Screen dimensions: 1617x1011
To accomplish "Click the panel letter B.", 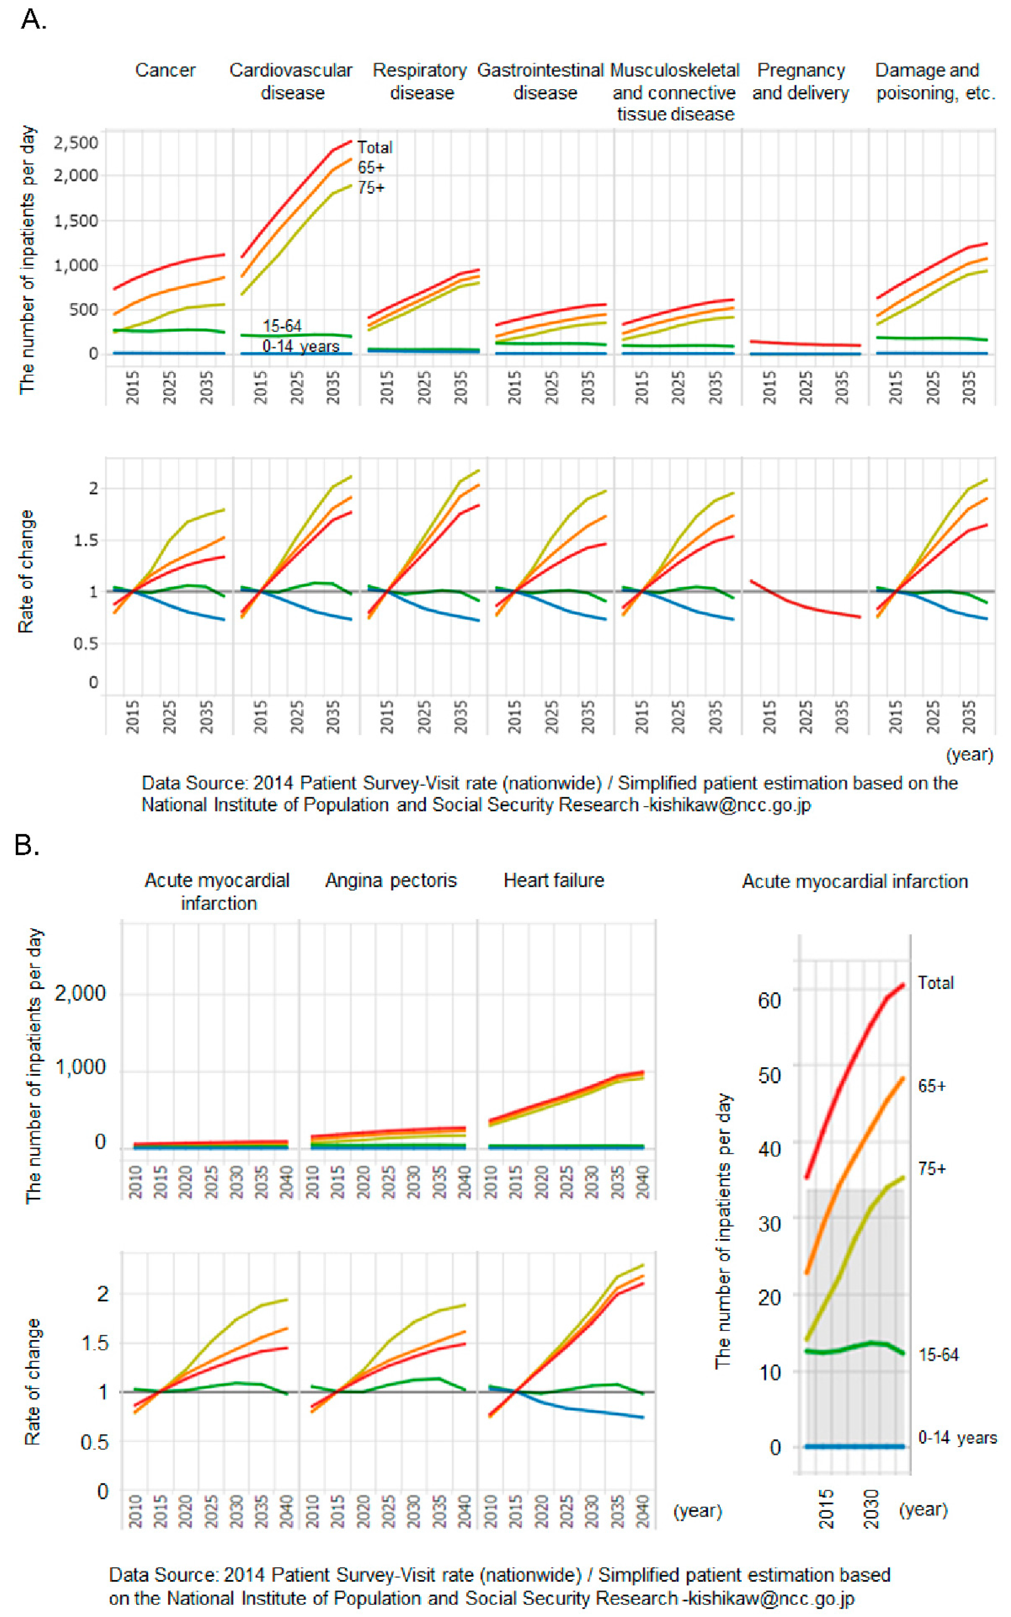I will pos(27,846).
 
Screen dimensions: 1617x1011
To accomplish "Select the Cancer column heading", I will pos(165,70).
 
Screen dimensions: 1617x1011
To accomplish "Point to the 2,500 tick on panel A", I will pos(75,142).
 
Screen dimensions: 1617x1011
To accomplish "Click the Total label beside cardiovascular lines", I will pos(374,147).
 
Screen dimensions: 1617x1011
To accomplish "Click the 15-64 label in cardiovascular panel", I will pos(281,326).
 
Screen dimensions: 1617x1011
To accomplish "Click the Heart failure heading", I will pos(554,880).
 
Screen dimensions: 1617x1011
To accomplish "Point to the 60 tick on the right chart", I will pos(769,1001).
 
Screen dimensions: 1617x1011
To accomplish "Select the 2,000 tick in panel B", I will pos(80,993).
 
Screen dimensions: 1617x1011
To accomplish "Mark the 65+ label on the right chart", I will pos(931,1086).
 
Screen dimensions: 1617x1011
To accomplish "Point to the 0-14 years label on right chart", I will pos(957,1438).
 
